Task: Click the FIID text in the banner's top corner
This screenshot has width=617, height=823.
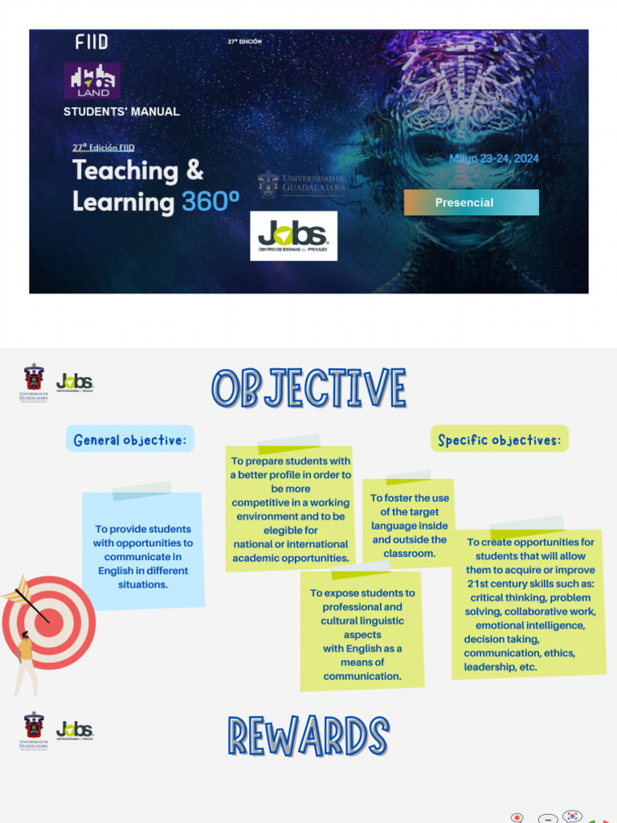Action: tap(92, 42)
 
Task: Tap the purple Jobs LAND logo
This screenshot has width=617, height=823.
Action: tap(92, 80)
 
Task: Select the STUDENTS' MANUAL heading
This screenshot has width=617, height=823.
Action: tap(121, 112)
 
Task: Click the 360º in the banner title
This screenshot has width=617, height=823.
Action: tap(210, 202)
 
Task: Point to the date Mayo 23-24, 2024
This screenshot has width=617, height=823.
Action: tap(493, 158)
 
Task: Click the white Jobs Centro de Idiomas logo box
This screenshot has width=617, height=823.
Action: tap(293, 236)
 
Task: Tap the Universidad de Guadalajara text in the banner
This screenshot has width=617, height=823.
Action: tap(313, 183)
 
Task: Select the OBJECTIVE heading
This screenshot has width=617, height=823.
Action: tap(309, 389)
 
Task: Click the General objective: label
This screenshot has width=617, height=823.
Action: tap(129, 440)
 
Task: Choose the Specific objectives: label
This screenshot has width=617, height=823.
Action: tap(499, 440)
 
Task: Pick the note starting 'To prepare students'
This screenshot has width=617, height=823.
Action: tap(290, 509)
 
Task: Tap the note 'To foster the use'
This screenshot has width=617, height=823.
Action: tap(409, 525)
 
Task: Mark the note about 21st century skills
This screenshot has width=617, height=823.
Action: tap(529, 604)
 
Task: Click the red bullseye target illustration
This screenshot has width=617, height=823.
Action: tap(48, 623)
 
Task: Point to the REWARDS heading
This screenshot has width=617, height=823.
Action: tap(308, 737)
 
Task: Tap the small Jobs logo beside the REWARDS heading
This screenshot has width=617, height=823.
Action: tap(75, 731)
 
